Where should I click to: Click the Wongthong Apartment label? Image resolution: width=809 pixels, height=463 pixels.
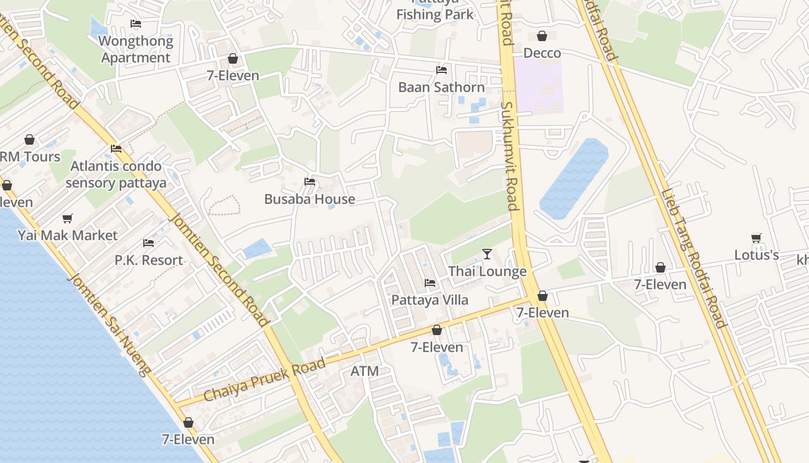pyautogui.click(x=136, y=49)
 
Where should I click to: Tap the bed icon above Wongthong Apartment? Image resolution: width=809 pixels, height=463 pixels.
pyautogui.click(x=136, y=24)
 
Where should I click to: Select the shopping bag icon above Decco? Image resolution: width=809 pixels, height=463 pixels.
pyautogui.click(x=542, y=36)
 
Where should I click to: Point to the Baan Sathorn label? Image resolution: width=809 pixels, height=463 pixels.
pyautogui.click(x=441, y=87)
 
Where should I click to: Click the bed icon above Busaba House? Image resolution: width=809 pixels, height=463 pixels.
pyautogui.click(x=310, y=182)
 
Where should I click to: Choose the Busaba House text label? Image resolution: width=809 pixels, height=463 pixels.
pyautogui.click(x=310, y=199)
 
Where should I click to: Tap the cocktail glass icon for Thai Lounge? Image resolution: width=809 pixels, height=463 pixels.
pyautogui.click(x=487, y=253)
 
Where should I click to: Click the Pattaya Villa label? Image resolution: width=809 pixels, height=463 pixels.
pyautogui.click(x=430, y=300)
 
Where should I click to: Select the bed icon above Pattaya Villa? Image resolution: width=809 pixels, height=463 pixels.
pyautogui.click(x=430, y=283)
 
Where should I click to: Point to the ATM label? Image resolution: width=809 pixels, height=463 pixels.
pyautogui.click(x=365, y=371)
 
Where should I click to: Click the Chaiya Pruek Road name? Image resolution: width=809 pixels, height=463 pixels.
pyautogui.click(x=265, y=380)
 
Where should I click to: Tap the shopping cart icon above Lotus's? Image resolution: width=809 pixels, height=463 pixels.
pyautogui.click(x=756, y=238)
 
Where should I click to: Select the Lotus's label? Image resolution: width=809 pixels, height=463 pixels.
pyautogui.click(x=756, y=255)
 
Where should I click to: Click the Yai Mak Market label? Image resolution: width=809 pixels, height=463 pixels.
pyautogui.click(x=68, y=236)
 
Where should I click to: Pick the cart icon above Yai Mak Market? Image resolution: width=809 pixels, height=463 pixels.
pyautogui.click(x=68, y=218)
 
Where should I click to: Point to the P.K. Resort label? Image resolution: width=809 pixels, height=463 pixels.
pyautogui.click(x=149, y=260)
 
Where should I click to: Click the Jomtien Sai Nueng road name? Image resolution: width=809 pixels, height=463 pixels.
pyautogui.click(x=110, y=324)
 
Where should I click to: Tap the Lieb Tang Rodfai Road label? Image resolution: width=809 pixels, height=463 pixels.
pyautogui.click(x=693, y=258)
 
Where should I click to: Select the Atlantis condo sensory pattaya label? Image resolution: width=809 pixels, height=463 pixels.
pyautogui.click(x=116, y=175)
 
